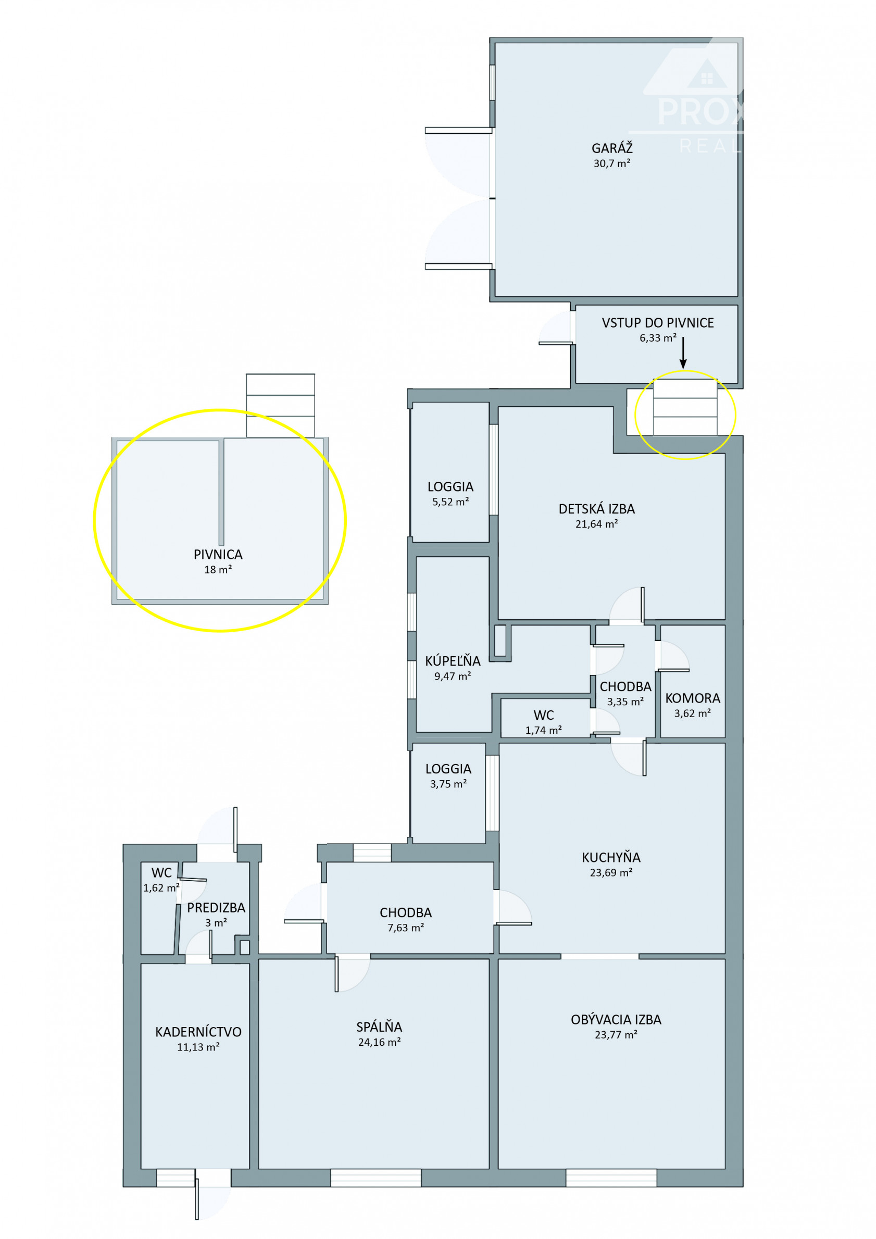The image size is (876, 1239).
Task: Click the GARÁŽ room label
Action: [x=611, y=148]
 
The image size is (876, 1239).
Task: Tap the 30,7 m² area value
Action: [x=611, y=164]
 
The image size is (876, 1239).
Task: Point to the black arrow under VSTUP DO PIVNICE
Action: [x=683, y=353]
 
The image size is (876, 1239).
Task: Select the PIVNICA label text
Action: [x=218, y=554]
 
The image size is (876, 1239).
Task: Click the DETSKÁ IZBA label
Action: [x=596, y=509]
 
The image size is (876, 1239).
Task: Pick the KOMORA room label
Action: [x=693, y=698]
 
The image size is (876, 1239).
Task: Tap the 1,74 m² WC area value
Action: [x=544, y=730]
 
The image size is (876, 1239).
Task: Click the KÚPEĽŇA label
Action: [x=452, y=660]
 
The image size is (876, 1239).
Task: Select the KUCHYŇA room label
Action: [x=611, y=857]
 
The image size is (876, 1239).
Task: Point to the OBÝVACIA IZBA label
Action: [x=616, y=1019]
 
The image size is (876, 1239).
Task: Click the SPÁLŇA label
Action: [x=379, y=1027]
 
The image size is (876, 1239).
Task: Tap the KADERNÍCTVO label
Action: [x=198, y=1032]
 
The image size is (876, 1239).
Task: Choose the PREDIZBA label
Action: [x=216, y=908]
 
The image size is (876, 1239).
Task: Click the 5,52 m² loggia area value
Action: [x=450, y=502]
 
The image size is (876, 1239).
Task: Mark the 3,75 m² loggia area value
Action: [x=448, y=784]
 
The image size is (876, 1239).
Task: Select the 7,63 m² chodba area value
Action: [x=405, y=928]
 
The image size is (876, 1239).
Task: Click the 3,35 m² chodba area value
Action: [x=625, y=702]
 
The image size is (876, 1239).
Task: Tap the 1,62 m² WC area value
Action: [x=161, y=887]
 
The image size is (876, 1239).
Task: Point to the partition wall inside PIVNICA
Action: [x=221, y=493]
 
